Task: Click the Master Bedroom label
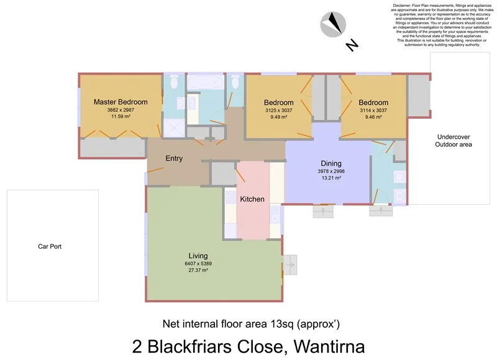coord(121,102)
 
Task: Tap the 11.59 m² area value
coord(121,116)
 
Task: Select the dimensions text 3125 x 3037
coord(278,110)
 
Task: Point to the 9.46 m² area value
coord(373,116)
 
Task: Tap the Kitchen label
coord(253,199)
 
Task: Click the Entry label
coord(174,159)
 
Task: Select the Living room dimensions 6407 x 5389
coord(198,264)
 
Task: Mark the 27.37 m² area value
coord(198,270)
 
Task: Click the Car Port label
coord(50,246)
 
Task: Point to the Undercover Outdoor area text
coord(454,141)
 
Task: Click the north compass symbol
coord(334,25)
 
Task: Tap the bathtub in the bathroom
coord(204,82)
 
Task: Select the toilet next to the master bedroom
coord(175,81)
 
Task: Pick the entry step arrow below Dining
coord(323,211)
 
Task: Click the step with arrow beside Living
coord(290,264)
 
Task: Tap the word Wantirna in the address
coord(320,345)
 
